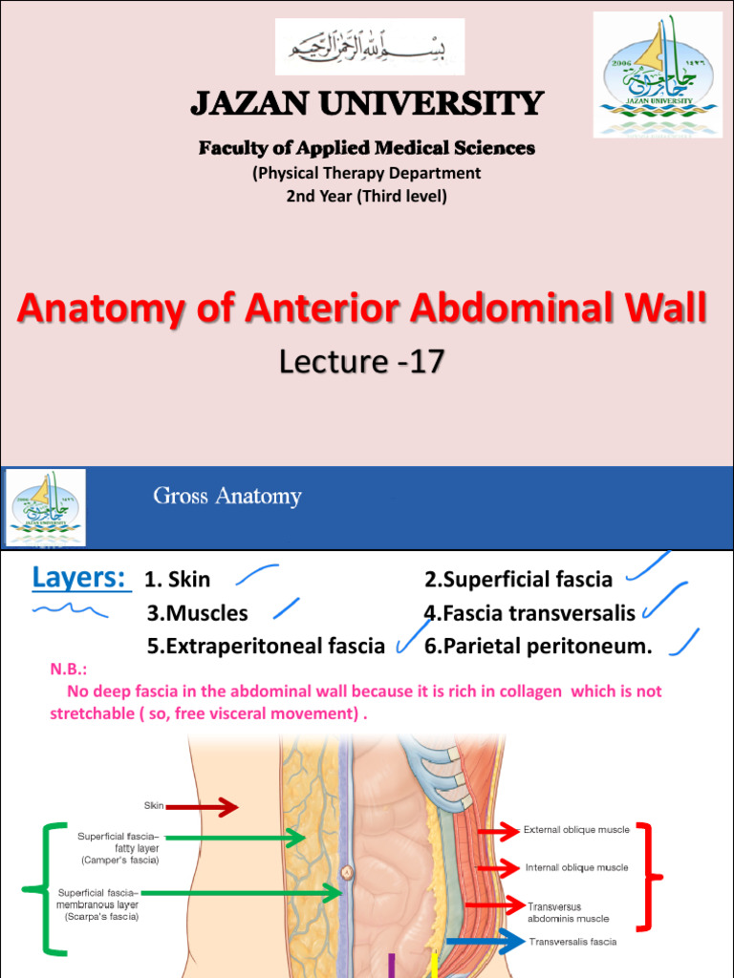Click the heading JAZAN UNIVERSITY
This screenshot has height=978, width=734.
tap(367, 103)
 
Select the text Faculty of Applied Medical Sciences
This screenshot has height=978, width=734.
tap(367, 148)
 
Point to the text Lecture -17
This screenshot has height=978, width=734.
tap(361, 361)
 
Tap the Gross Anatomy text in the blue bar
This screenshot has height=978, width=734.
tap(227, 496)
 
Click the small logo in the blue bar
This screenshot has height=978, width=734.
tap(46, 507)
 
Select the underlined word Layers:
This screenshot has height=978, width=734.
tap(81, 578)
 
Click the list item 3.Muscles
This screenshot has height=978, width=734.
tap(197, 613)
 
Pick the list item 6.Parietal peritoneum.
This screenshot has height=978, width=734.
tap(538, 647)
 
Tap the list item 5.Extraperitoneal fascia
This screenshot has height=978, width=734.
tap(266, 647)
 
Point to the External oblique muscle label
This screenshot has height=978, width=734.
tap(576, 830)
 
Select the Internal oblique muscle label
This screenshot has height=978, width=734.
tap(576, 868)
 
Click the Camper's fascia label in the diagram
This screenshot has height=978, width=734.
tap(119, 848)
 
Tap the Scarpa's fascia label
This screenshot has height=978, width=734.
tap(101, 904)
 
